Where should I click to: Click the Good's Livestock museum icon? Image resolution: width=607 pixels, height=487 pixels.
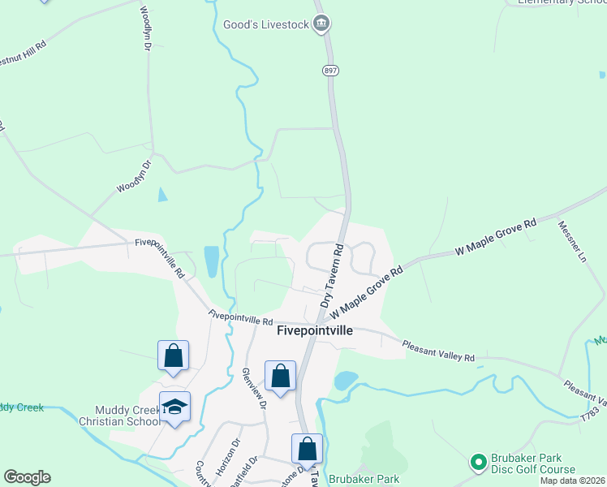pyautogui.click(x=321, y=24)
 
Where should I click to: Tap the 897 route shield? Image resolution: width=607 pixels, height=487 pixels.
pyautogui.click(x=329, y=71)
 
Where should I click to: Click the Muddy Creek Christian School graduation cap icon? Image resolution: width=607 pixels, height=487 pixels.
pyautogui.click(x=174, y=407)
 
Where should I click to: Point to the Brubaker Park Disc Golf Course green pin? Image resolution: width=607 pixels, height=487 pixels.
pyautogui.click(x=478, y=463)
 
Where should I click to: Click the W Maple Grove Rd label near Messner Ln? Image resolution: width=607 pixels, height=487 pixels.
pyautogui.click(x=497, y=235)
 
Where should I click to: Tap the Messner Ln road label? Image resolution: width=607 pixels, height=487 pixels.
pyautogui.click(x=571, y=240)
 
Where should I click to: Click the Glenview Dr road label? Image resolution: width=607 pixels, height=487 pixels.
pyautogui.click(x=253, y=387)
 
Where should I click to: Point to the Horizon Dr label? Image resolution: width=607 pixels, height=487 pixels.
pyautogui.click(x=232, y=455)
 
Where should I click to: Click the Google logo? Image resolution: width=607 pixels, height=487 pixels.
pyautogui.click(x=27, y=477)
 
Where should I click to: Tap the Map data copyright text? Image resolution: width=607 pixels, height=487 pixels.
pyautogui.click(x=572, y=481)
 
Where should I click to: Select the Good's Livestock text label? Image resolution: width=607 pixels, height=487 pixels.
pyautogui.click(x=266, y=24)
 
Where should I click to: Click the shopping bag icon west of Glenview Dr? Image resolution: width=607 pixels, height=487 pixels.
pyautogui.click(x=173, y=356)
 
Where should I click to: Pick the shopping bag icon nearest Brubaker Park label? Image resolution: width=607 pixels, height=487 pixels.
pyautogui.click(x=307, y=449)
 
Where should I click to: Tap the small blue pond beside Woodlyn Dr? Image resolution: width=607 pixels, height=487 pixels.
pyautogui.click(x=162, y=195)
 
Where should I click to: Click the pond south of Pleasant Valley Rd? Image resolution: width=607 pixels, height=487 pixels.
pyautogui.click(x=346, y=380)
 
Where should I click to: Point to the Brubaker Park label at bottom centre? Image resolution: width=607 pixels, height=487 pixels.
pyautogui.click(x=365, y=479)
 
